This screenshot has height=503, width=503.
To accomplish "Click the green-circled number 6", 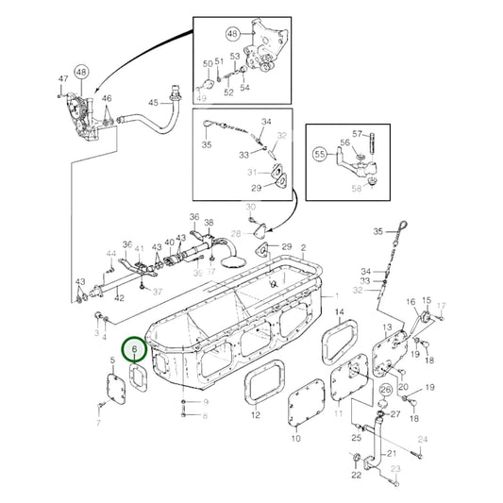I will (x=135, y=348).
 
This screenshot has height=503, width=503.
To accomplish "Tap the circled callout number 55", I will (x=320, y=152).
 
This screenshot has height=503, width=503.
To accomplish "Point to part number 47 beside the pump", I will (x=63, y=78).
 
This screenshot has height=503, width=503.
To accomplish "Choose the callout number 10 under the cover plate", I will (x=294, y=438).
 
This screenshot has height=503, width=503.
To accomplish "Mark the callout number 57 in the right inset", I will (x=359, y=133).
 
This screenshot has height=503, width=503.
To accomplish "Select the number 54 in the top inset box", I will (x=244, y=88).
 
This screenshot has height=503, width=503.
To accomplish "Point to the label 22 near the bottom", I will (x=356, y=475).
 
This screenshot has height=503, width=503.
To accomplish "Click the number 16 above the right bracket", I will (x=411, y=302).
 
